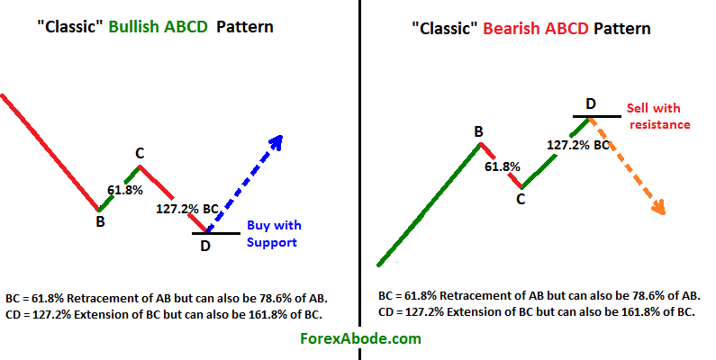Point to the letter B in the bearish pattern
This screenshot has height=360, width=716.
coord(479,132)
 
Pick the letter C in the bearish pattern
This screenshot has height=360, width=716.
coord(520,200)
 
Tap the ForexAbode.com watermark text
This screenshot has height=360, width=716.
coord(359,339)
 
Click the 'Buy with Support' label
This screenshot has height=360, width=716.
coord(274,234)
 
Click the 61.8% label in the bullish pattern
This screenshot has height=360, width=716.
coord(126,190)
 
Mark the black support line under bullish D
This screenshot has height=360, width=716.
coord(216,233)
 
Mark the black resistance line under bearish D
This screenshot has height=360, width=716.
coord(596,116)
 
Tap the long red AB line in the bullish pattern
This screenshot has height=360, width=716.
coord(50,150)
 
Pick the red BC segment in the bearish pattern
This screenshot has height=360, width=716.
coord(500,164)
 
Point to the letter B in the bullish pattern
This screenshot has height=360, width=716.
coord(100,220)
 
